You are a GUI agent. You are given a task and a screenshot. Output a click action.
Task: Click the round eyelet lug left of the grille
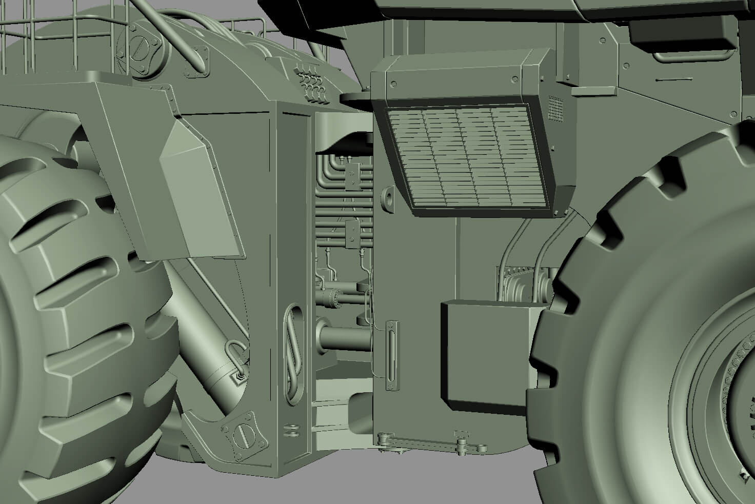(388, 198)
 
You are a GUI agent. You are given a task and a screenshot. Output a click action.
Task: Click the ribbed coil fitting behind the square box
(515, 285)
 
